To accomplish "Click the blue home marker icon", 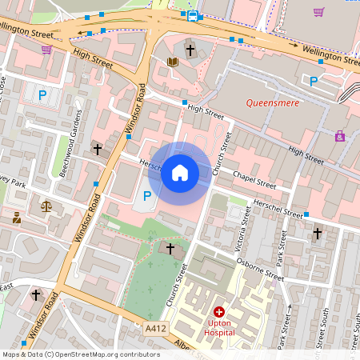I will pyautogui.click(x=180, y=173).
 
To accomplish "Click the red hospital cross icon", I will pyautogui.click(x=219, y=310).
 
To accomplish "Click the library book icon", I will pyautogui.click(x=173, y=62).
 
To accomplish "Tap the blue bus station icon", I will pyautogui.click(x=192, y=15).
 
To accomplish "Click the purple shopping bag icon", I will pyautogui.click(x=341, y=137).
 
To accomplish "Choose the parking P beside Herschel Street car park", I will pyautogui.click(x=146, y=195).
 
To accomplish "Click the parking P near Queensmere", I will pyautogui.click(x=314, y=81).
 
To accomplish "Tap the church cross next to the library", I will pyautogui.click(x=190, y=50).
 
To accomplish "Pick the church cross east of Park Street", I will pyautogui.click(x=317, y=234).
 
